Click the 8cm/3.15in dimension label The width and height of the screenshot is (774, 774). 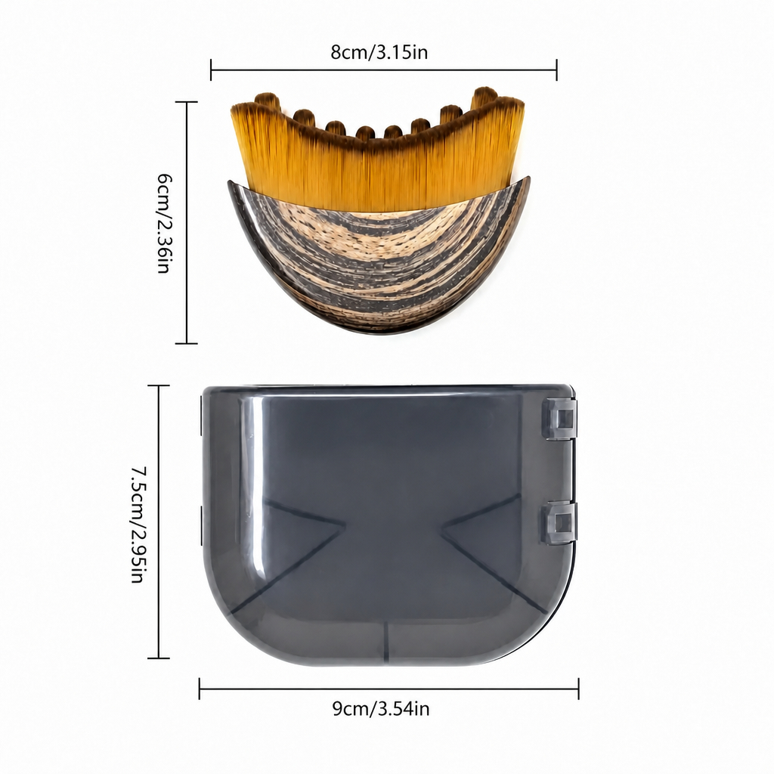coord(379,52)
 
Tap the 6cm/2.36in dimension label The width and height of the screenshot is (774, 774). coord(163,223)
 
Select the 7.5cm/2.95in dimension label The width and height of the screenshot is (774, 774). coord(138,525)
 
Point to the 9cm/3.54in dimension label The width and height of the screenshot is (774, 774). coord(381,709)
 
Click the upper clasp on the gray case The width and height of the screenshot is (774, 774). coord(560,419)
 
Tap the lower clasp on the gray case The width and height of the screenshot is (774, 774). coord(560,523)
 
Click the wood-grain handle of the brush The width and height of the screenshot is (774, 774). coord(379,261)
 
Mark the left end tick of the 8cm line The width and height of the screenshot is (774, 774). coord(211,70)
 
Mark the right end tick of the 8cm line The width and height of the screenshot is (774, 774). coord(557,70)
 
